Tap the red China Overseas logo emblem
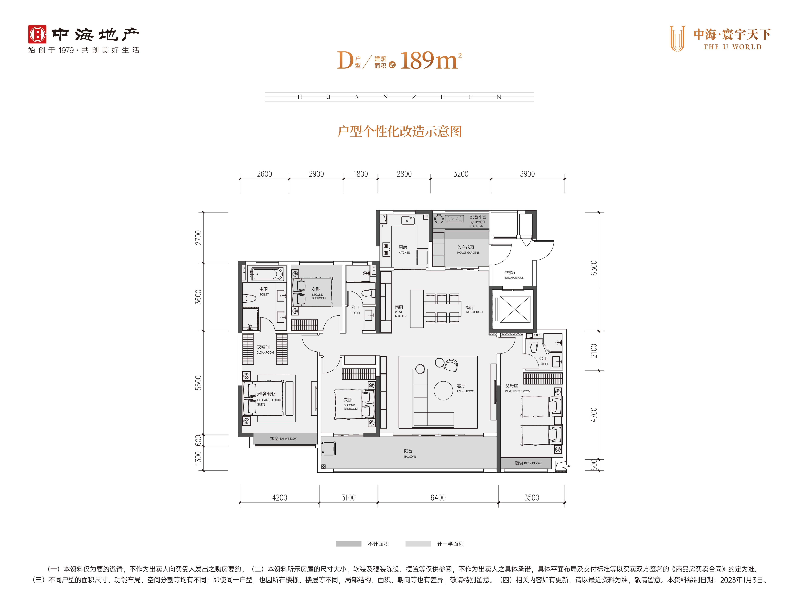pyautogui.click(x=37, y=35)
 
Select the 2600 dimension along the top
pyautogui.click(x=264, y=174)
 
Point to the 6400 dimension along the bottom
pyautogui.click(x=438, y=498)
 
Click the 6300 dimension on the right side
pyautogui.click(x=594, y=268)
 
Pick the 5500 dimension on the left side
pyautogui.click(x=198, y=383)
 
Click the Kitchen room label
pyautogui.click(x=404, y=249)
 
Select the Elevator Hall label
pyautogui.click(x=514, y=275)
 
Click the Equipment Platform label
pyautogui.click(x=477, y=221)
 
